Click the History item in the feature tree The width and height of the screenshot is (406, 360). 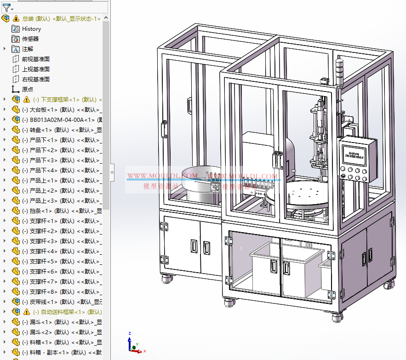[31, 29]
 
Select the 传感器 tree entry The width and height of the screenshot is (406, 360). [30, 39]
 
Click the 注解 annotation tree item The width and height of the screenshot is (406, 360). [28, 49]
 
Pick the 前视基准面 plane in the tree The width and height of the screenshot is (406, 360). [35, 59]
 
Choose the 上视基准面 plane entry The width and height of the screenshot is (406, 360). [35, 69]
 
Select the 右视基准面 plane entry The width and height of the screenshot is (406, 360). [35, 80]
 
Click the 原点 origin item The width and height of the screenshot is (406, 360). [28, 90]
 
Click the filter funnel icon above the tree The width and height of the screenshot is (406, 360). [6, 7]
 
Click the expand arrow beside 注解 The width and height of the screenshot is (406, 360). [5, 49]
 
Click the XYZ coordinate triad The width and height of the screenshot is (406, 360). [133, 343]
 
